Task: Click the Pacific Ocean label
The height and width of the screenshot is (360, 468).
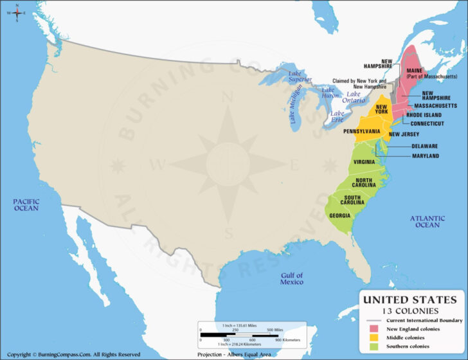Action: (x=26, y=204)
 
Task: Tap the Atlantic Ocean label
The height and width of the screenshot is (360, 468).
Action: (x=427, y=221)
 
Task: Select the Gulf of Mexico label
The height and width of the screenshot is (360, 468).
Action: (x=291, y=278)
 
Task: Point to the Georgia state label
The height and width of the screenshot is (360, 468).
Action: (x=339, y=216)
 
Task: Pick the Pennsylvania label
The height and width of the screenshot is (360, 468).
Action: (x=361, y=131)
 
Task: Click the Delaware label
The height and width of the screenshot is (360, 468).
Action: (x=425, y=146)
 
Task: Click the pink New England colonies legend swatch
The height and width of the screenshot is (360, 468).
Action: (x=372, y=329)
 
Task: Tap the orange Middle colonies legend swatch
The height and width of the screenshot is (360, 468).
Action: (x=372, y=337)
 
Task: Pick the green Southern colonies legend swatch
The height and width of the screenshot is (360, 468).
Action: (x=372, y=346)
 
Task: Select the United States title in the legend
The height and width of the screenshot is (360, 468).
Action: (x=411, y=300)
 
